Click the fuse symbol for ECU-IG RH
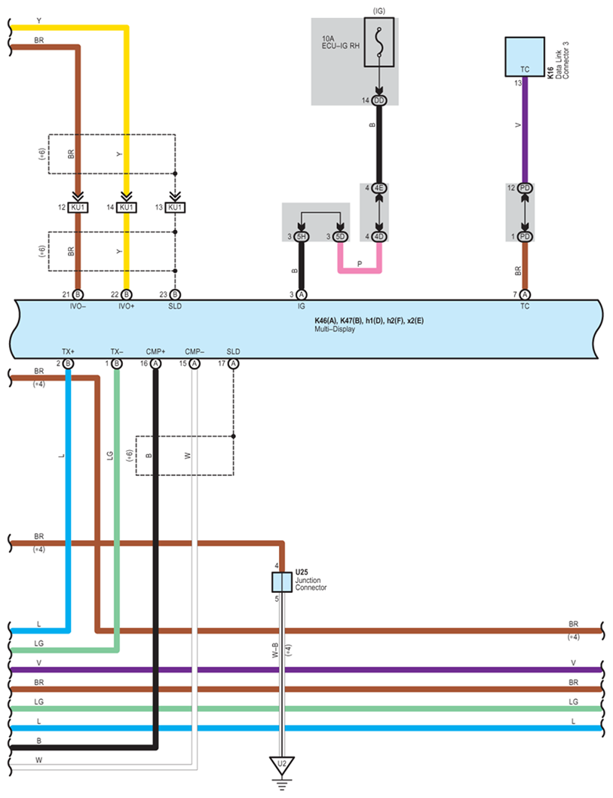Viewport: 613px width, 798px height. click(x=379, y=42)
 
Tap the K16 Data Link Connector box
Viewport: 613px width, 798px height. click(x=525, y=57)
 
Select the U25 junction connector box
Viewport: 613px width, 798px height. click(x=282, y=582)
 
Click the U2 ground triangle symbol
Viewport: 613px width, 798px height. click(x=282, y=765)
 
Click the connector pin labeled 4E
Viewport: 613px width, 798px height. click(x=379, y=189)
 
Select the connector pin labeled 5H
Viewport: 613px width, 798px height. click(x=302, y=237)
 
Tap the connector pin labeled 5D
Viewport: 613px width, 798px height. click(x=340, y=237)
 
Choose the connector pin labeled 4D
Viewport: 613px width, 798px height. click(x=379, y=237)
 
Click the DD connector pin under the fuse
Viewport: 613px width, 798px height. click(x=379, y=101)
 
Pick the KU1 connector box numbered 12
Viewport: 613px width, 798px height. click(x=78, y=207)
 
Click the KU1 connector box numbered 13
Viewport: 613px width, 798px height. click(x=175, y=207)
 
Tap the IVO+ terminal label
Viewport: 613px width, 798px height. click(x=126, y=306)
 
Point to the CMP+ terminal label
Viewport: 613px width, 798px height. click(x=155, y=351)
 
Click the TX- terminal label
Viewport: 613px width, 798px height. click(x=117, y=351)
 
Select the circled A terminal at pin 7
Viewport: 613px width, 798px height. click(x=525, y=295)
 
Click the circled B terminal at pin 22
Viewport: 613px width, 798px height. click(x=127, y=295)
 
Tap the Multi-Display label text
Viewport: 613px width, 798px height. click(x=335, y=330)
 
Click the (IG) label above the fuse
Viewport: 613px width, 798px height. click(x=379, y=11)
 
